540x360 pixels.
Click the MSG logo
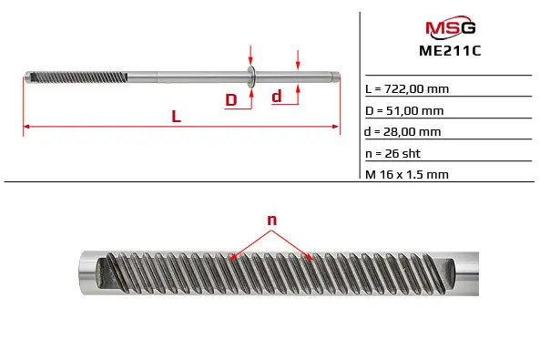click(451, 27)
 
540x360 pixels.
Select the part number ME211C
click(450, 51)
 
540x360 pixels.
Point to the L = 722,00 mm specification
click(407, 89)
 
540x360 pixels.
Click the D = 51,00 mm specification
click(404, 110)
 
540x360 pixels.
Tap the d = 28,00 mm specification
click(402, 132)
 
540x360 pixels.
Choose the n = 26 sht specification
click(393, 153)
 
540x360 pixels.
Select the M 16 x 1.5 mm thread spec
click(407, 174)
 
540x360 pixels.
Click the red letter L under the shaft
click(177, 117)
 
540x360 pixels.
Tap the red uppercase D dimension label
click(231, 100)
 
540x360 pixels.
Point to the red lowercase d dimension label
click(277, 97)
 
